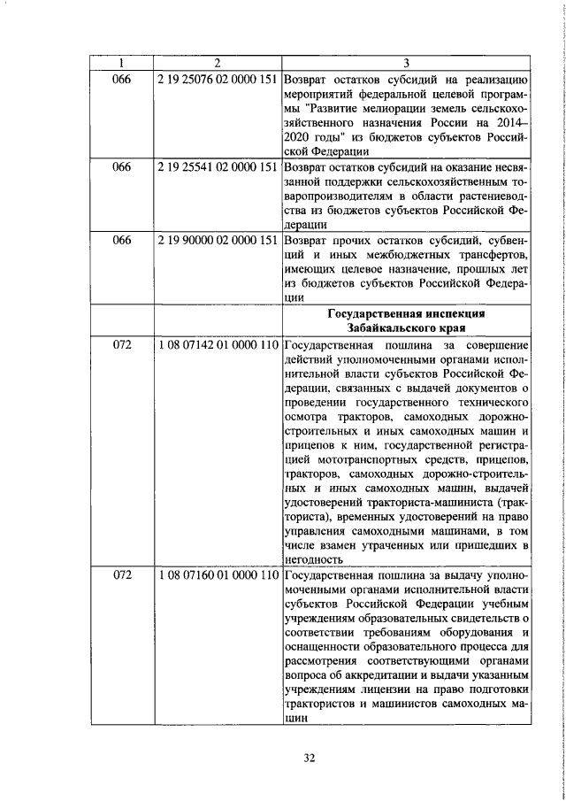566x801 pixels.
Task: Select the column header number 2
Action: click(216, 63)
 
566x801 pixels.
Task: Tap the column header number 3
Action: click(405, 63)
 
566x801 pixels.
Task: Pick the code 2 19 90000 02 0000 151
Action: click(216, 242)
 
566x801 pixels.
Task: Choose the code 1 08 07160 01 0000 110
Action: click(216, 576)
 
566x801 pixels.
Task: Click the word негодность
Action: click(313, 559)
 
